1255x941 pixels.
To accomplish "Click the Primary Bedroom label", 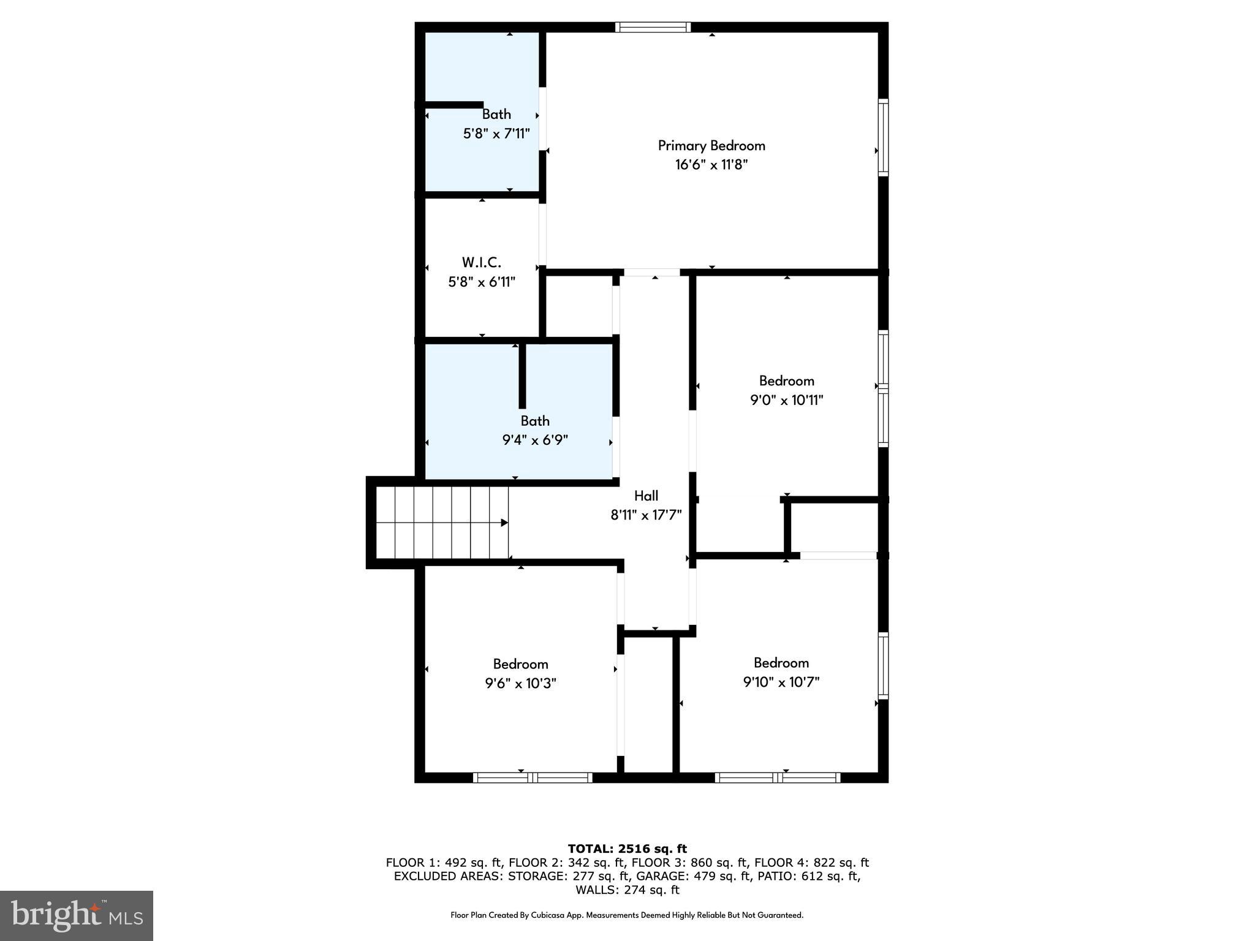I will tap(711, 146).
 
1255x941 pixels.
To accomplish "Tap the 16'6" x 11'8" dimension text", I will tap(711, 165).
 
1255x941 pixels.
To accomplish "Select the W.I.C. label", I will tap(482, 263).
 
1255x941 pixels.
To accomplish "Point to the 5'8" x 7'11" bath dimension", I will tap(496, 134).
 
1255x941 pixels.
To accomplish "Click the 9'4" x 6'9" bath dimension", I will tap(535, 440).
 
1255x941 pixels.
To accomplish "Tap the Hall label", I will tap(646, 496).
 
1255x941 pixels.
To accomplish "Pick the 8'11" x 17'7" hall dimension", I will tap(646, 515).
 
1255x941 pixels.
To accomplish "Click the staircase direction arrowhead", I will tap(504, 523).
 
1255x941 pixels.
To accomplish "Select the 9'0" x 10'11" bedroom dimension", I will tap(786, 401).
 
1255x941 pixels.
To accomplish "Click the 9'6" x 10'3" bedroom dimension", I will tap(520, 683).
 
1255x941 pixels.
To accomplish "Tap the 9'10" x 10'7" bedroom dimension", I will tap(781, 682).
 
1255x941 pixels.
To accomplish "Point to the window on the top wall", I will tap(653, 27).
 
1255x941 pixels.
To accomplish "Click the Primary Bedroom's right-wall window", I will tap(883, 137).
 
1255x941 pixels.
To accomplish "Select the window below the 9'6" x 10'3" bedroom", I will tap(533, 777).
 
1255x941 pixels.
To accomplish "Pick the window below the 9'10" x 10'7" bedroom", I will tap(778, 777).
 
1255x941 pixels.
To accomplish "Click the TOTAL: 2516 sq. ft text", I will tap(627, 848).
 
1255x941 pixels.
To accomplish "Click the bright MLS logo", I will tap(77, 915).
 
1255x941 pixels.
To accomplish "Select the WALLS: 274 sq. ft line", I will tap(627, 890).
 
